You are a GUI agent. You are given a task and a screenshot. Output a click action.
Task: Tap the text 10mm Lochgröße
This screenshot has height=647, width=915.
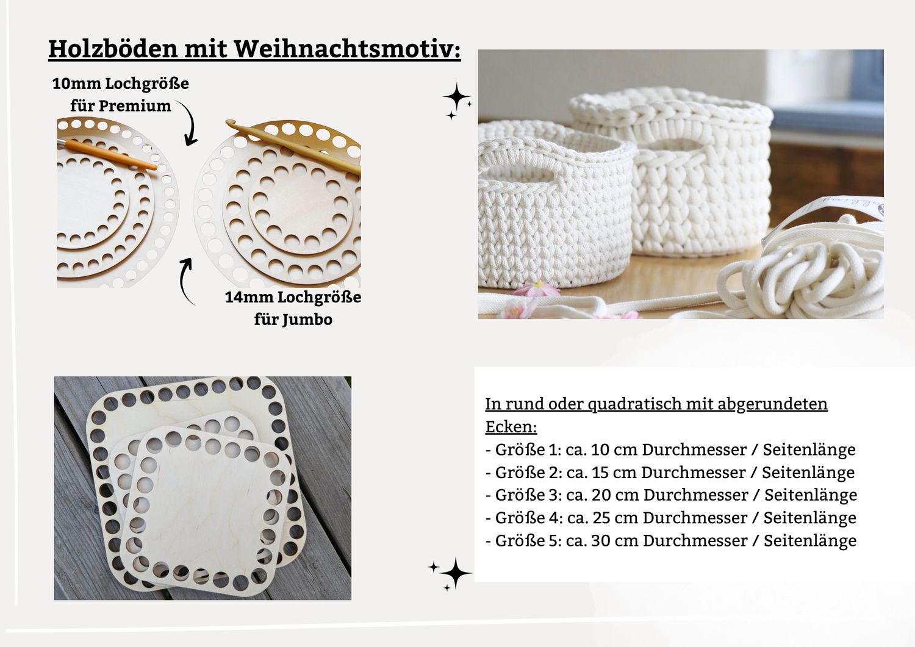(120, 84)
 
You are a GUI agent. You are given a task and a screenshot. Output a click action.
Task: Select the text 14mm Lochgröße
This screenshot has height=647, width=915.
(293, 298)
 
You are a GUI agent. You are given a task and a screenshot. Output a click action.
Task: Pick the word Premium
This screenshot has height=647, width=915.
(135, 106)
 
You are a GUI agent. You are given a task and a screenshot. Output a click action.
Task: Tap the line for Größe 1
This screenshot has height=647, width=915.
(670, 450)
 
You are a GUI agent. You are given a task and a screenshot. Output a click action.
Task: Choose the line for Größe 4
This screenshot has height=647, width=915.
(670, 518)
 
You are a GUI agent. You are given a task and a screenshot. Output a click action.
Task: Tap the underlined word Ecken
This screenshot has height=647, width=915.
(510, 427)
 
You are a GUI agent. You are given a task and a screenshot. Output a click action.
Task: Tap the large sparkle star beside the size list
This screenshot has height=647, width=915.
(455, 573)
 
